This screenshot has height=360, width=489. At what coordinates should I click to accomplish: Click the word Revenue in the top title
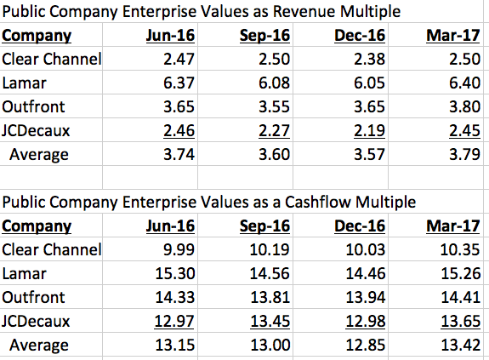(304, 12)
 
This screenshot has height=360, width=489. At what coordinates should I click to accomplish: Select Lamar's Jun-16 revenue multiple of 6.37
(179, 83)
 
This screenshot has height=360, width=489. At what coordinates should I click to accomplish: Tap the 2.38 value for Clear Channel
(369, 59)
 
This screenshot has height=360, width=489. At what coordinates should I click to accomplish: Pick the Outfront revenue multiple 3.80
(464, 106)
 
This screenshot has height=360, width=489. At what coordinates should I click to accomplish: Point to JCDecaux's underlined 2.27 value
(274, 131)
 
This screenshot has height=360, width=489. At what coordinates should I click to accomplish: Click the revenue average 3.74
(179, 154)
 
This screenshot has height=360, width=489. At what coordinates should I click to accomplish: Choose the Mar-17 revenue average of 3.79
(464, 154)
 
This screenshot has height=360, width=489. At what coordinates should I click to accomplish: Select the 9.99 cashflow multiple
(179, 249)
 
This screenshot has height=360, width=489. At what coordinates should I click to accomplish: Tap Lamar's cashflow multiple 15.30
(175, 273)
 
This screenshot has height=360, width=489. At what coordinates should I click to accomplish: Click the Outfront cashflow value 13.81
(270, 297)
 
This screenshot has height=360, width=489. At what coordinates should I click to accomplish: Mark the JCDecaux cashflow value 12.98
(366, 322)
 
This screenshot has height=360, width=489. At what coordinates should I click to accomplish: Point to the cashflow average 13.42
(461, 345)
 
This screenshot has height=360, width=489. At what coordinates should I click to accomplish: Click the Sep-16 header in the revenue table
(264, 35)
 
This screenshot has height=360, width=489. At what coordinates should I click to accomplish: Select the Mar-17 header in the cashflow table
(453, 226)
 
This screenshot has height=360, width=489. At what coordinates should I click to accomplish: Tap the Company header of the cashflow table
(37, 226)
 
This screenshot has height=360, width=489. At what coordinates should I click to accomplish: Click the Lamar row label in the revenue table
(24, 83)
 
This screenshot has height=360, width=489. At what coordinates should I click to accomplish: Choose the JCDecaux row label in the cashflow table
(36, 322)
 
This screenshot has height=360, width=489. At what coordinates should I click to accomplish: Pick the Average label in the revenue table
(39, 155)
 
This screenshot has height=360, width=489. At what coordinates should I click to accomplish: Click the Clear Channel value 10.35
(460, 249)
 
